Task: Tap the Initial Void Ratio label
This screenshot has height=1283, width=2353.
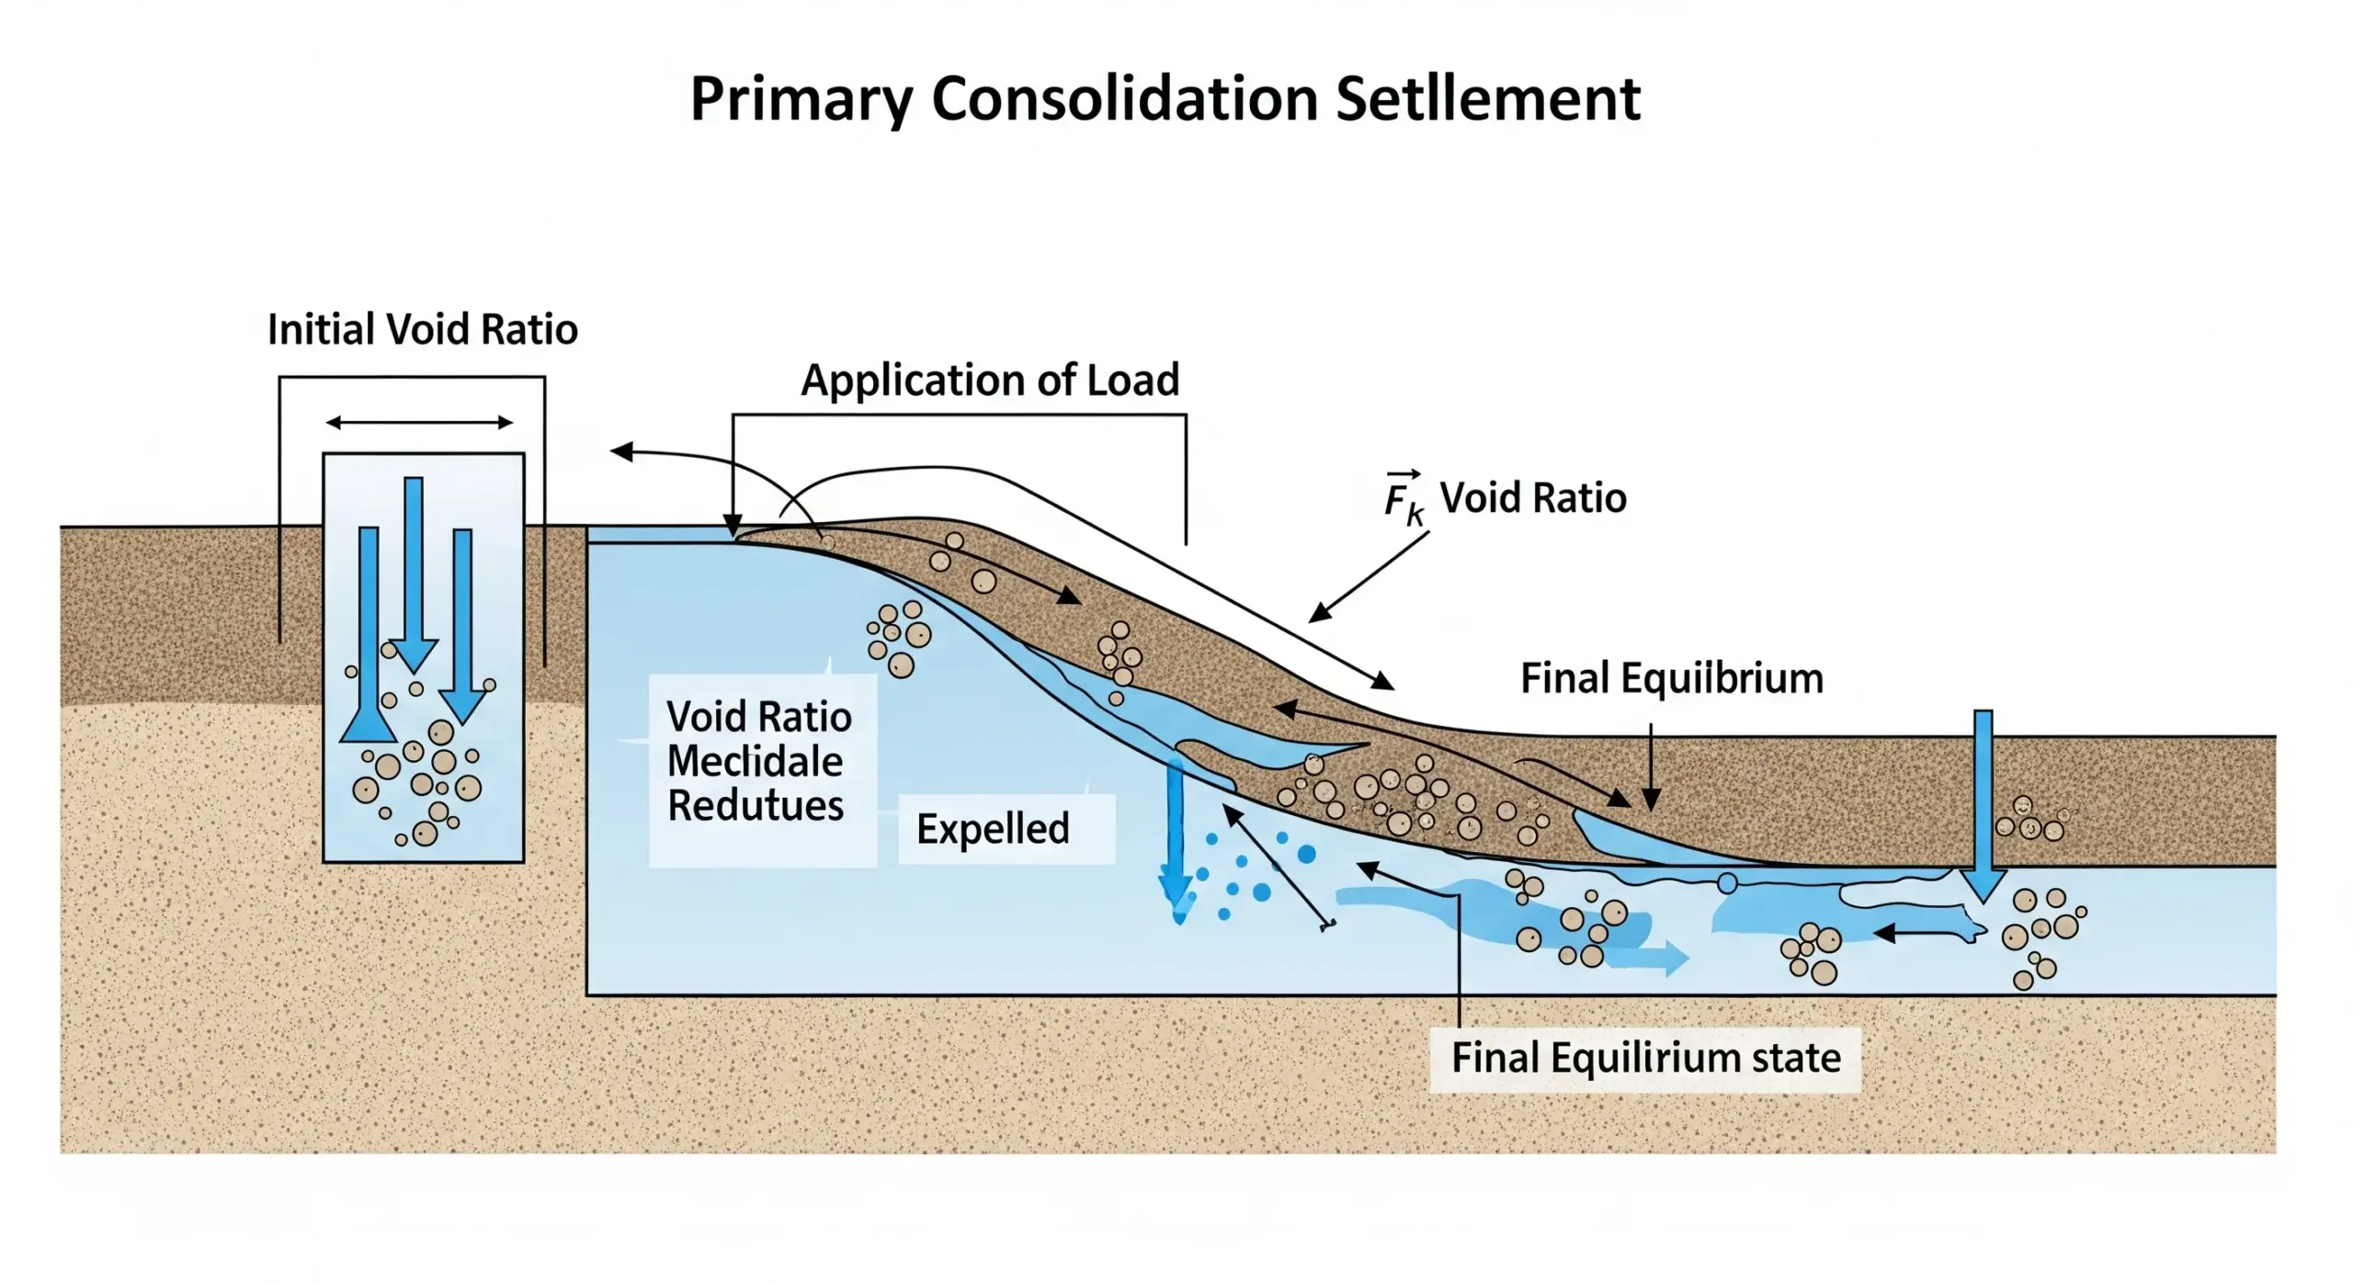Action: [422, 329]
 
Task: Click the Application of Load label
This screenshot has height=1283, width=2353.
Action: [990, 380]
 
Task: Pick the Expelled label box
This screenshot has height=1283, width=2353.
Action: [1006, 829]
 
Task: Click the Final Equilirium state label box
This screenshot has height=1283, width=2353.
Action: [1645, 1058]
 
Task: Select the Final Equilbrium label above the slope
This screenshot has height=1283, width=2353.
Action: [1671, 678]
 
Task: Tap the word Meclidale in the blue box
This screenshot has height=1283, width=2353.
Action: [755, 761]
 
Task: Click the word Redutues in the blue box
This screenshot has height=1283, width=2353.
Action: [755, 805]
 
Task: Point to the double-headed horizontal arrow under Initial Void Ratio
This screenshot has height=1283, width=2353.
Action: [419, 423]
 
